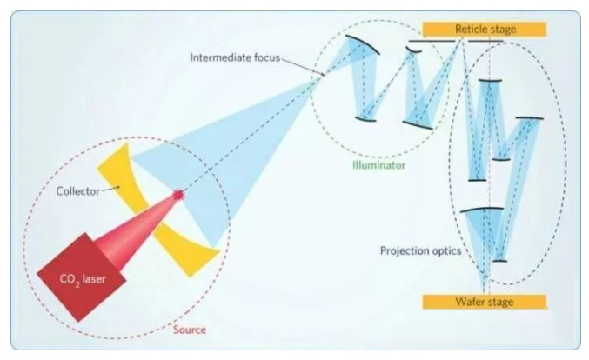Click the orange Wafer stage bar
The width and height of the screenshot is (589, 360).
click(484, 302)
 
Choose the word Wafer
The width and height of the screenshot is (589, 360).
click(469, 302)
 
